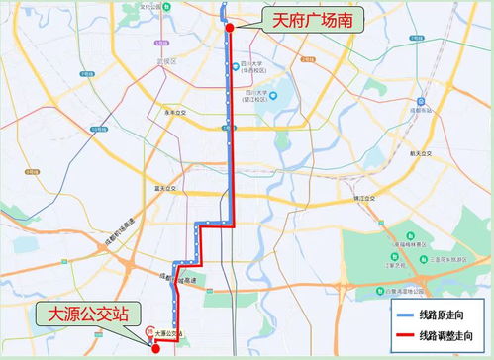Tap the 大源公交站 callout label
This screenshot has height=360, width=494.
click(84, 315)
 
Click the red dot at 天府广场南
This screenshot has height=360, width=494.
click(230, 28)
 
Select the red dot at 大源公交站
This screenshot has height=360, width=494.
click(155, 348)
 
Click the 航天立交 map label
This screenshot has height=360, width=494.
click(424, 153)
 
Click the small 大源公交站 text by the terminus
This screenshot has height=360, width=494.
click(169, 334)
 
